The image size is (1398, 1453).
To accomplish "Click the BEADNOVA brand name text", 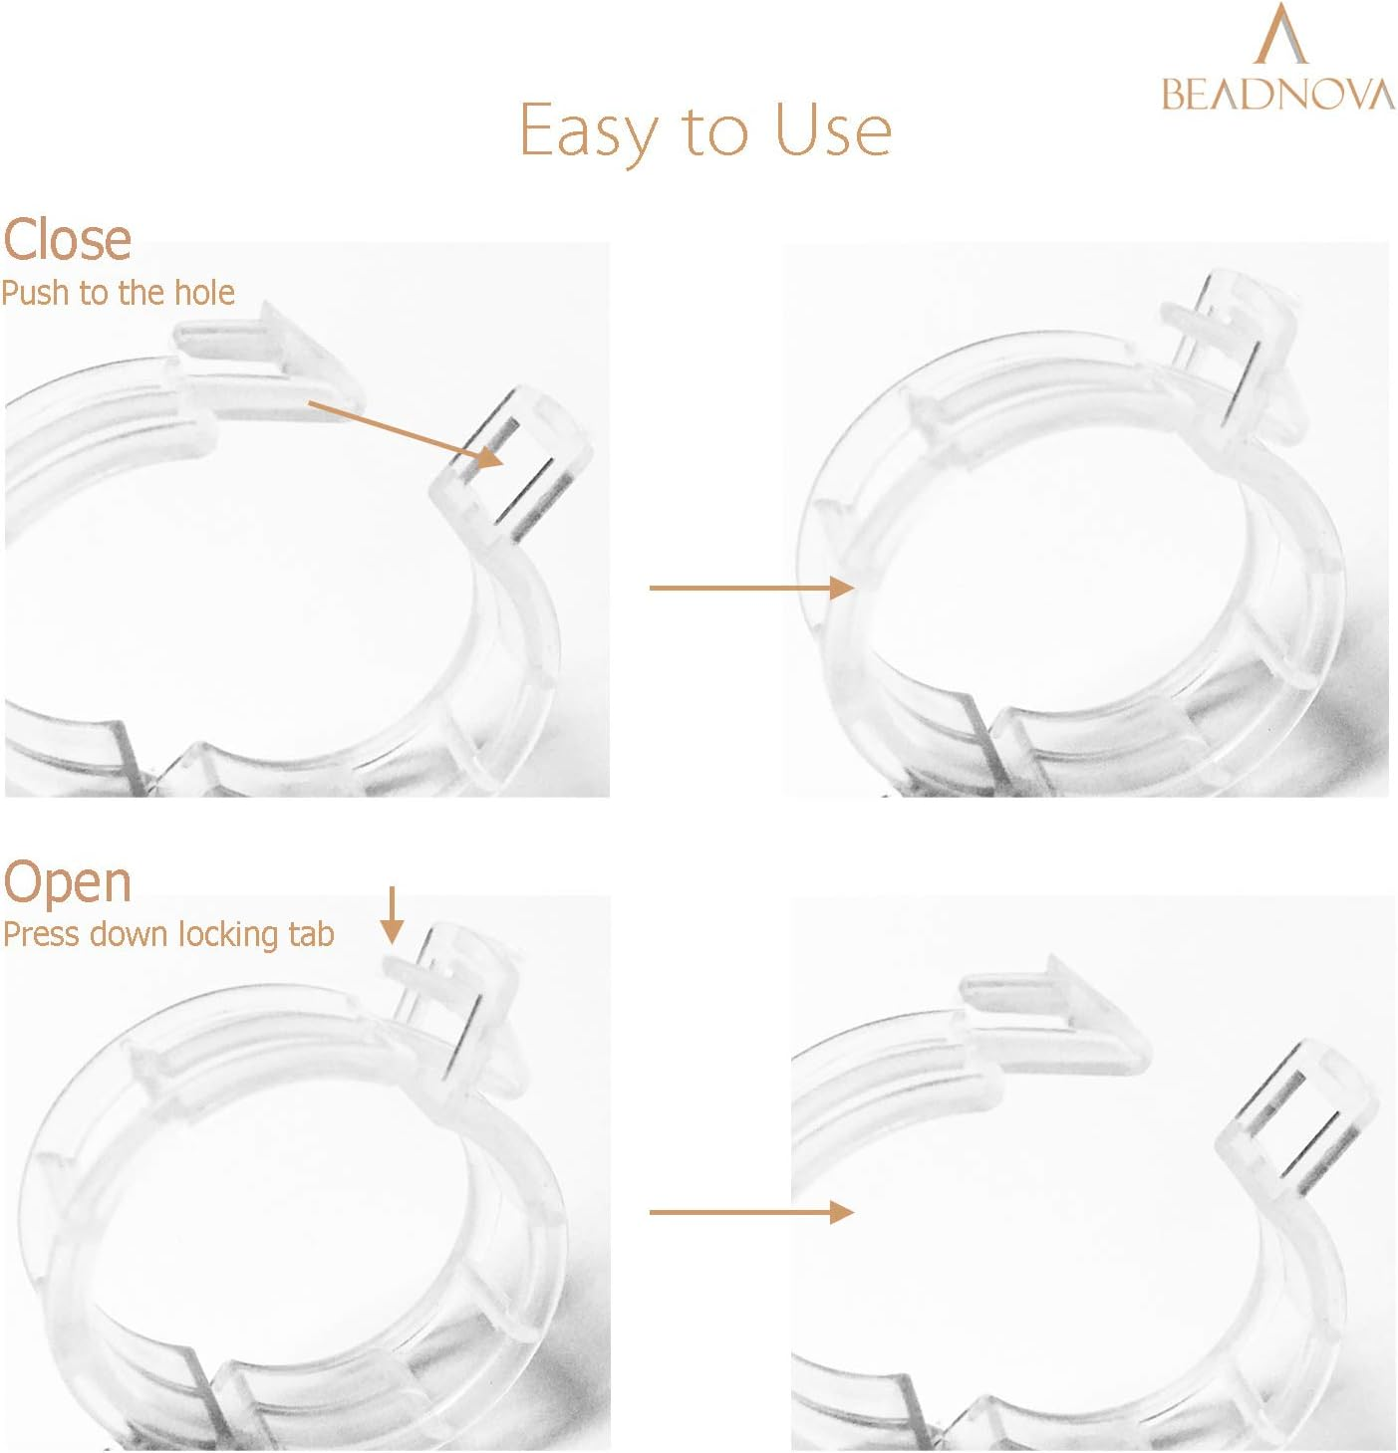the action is [1278, 95].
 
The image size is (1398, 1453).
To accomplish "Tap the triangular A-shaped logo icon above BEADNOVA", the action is [1280, 34].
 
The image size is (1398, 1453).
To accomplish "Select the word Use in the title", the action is [833, 129].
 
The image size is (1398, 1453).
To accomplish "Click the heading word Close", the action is [67, 240].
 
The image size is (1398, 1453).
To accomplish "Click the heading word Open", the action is [67, 884].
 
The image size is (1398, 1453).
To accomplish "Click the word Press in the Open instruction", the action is [41, 934].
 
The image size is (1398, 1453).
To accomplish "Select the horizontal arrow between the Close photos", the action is [751, 589].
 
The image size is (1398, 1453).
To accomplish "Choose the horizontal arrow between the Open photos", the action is [751, 1212].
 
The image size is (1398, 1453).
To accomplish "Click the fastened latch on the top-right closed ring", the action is [1233, 359].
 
